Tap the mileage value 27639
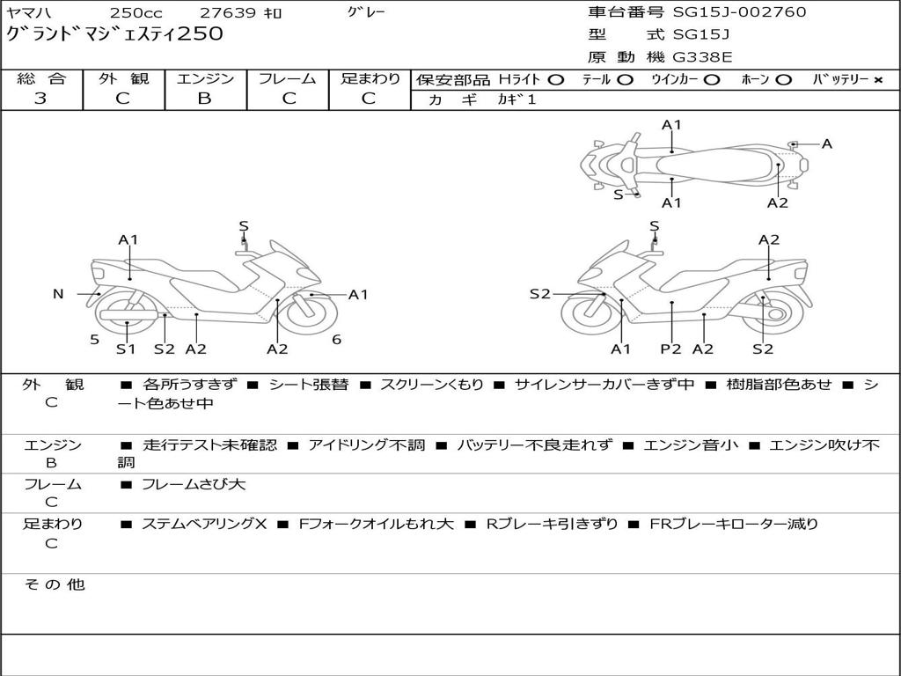point(227,13)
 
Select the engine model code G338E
point(701,57)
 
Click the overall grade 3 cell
point(40,99)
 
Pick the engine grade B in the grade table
point(204,99)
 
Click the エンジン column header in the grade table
point(205,79)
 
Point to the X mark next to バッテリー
point(878,80)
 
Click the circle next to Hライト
point(555,80)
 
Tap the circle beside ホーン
point(784,80)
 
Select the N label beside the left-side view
point(58,294)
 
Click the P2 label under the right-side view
point(671,349)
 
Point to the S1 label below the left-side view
point(127,349)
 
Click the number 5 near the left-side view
point(94,340)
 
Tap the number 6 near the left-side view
point(336,340)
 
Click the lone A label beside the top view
point(826,143)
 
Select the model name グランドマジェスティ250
point(115,34)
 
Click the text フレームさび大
point(194,484)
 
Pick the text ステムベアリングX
point(204,524)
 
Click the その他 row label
point(54,584)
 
